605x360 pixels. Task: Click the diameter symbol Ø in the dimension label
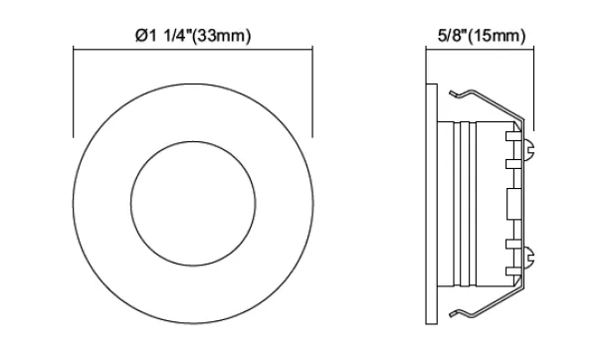pos(141,36)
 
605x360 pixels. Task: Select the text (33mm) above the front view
pos(221,36)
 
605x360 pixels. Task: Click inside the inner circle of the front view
pos(193,203)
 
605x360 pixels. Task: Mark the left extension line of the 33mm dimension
pos(74,91)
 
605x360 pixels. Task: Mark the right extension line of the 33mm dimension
pos(312,91)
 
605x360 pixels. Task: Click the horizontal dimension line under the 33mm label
pos(193,50)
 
